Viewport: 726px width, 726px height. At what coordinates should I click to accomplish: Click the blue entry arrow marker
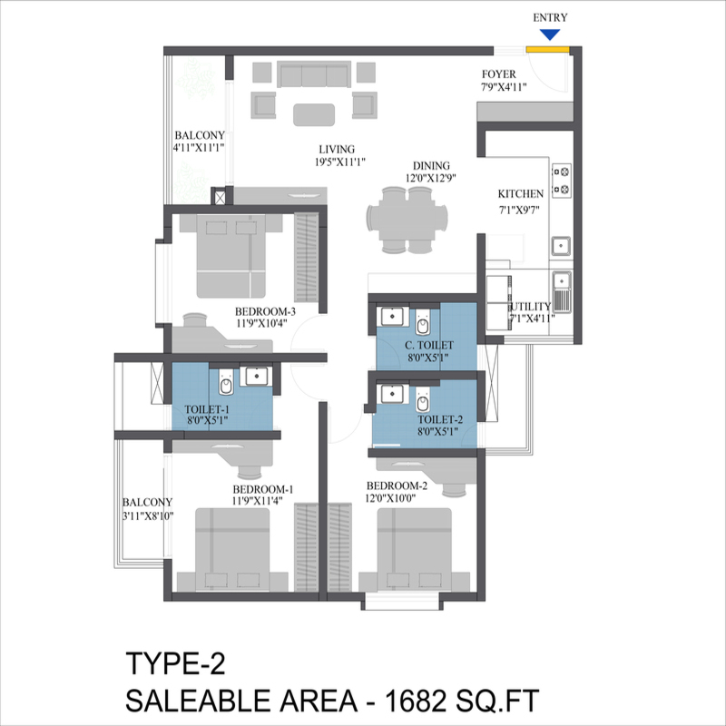tap(548, 35)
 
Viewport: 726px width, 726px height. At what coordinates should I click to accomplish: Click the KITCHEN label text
tap(521, 193)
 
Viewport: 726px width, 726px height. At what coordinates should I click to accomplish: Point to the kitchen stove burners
tap(561, 179)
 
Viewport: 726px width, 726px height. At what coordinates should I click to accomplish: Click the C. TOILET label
tap(429, 346)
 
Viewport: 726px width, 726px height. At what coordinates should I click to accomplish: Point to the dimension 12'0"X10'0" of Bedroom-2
tap(404, 497)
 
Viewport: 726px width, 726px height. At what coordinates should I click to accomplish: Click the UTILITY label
tap(531, 307)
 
